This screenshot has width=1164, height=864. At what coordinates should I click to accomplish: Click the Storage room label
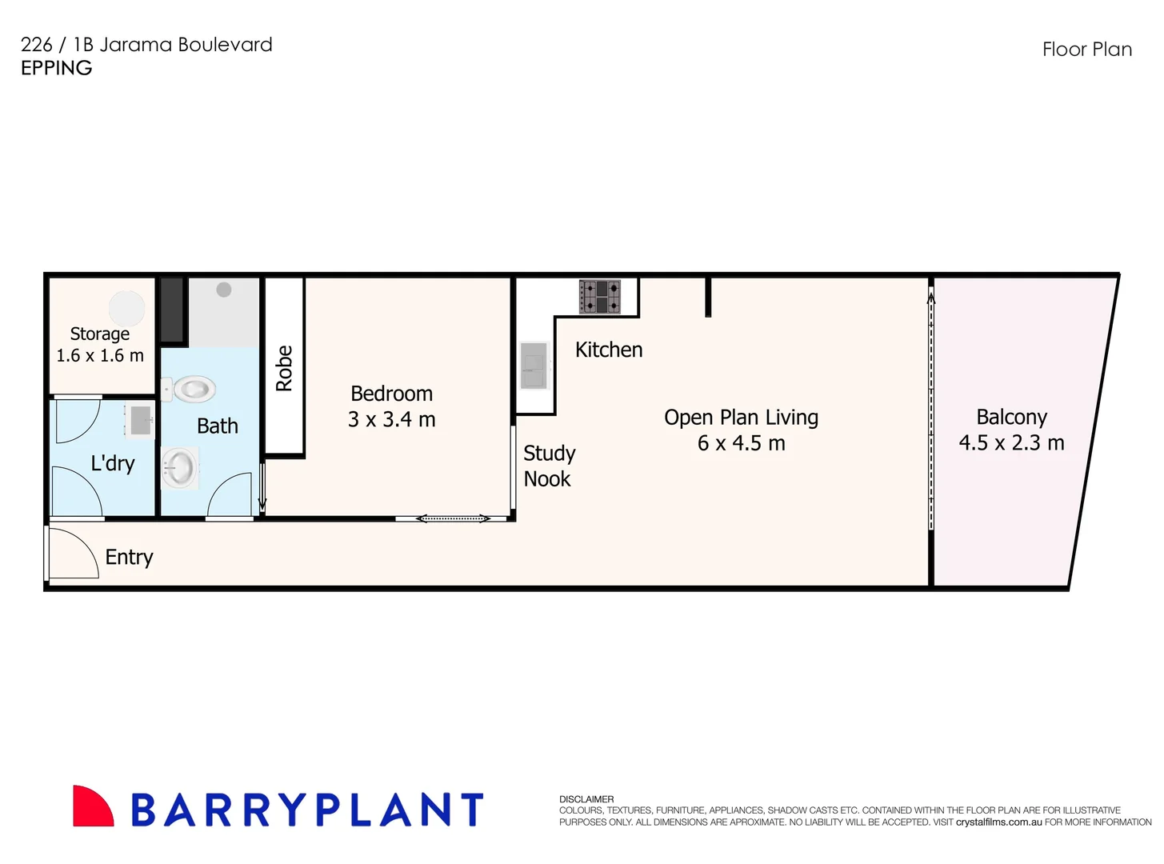100,334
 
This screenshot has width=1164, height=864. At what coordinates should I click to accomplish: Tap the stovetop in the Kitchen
600,297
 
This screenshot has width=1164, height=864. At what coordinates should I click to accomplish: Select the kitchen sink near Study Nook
534,366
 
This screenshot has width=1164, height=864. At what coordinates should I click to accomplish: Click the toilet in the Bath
192,390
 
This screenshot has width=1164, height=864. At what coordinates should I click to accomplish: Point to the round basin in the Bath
179,468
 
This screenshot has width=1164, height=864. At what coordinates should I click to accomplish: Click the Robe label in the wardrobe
284,369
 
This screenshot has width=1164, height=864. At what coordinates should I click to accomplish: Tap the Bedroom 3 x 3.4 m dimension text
391,419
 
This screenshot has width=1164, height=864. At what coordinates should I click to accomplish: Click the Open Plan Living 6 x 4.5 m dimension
741,443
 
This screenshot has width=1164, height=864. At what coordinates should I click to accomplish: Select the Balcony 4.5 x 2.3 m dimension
1011,442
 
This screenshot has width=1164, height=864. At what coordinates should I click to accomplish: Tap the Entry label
129,557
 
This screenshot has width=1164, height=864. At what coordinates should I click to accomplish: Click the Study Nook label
549,466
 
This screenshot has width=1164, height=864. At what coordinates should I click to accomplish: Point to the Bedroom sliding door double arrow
453,518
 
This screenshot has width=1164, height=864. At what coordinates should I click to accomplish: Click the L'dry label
113,463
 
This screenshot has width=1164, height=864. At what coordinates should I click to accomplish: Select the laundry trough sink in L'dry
141,421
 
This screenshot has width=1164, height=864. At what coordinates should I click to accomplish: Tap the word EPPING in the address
56,68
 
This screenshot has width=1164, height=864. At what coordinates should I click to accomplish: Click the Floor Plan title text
1086,50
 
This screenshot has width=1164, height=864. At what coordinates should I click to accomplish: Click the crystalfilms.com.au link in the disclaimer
998,822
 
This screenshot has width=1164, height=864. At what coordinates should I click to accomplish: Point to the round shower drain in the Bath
224,290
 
